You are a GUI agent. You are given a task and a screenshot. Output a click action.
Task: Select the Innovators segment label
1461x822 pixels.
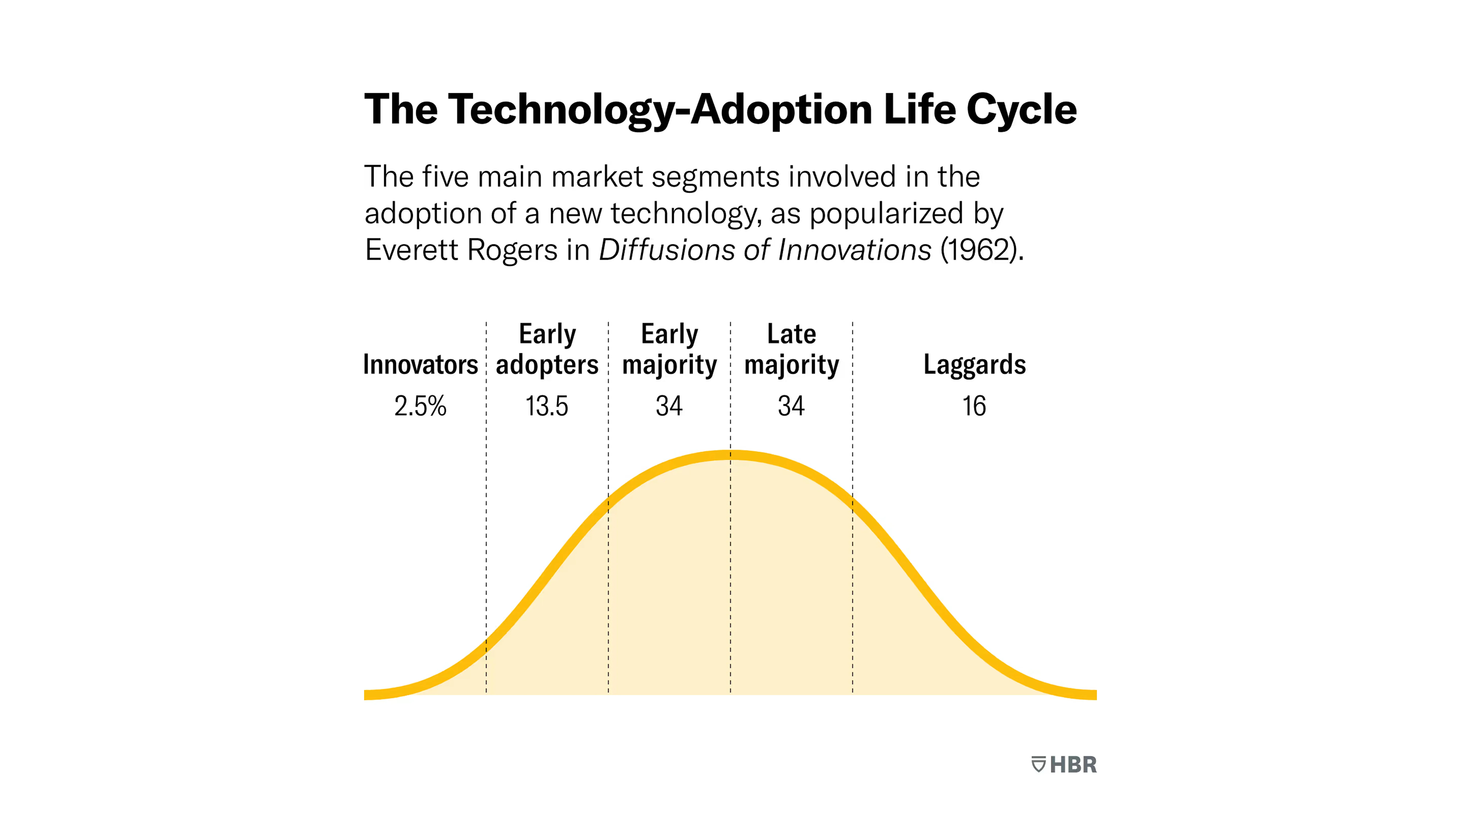tap(420, 364)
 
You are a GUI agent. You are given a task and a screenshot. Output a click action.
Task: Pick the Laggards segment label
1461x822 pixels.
tap(974, 364)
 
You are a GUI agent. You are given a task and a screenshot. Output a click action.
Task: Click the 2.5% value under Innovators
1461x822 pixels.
tap(420, 406)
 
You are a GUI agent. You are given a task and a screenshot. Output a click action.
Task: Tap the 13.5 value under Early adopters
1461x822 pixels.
tap(546, 406)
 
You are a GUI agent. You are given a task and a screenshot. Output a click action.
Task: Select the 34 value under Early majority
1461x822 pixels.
tap(669, 406)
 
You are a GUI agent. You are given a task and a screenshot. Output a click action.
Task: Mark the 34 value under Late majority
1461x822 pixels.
tap(791, 406)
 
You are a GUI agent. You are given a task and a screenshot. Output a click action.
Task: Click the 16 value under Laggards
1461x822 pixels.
tap(974, 406)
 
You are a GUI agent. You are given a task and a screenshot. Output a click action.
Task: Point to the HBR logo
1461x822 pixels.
tap(1064, 765)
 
